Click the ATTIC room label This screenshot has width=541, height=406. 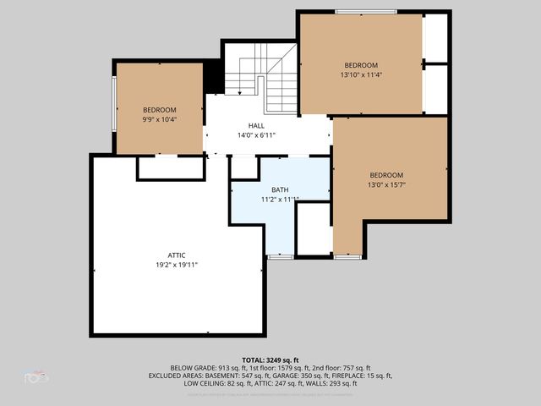(x=177, y=255)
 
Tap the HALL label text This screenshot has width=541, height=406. (x=256, y=125)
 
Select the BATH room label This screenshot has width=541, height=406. (x=280, y=189)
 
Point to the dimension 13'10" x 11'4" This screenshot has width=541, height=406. (x=360, y=74)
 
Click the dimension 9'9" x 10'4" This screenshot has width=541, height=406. (x=159, y=119)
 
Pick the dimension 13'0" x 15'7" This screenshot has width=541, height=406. (x=386, y=184)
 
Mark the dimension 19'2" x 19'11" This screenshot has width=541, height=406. (x=177, y=264)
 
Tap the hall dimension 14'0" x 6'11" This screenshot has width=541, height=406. (x=256, y=134)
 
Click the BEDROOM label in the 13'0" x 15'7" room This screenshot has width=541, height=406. (x=386, y=175)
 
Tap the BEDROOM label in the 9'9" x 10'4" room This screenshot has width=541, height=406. (x=159, y=110)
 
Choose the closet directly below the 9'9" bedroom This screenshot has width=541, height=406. (x=171, y=167)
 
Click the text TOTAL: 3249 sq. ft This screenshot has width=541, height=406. (x=270, y=359)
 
